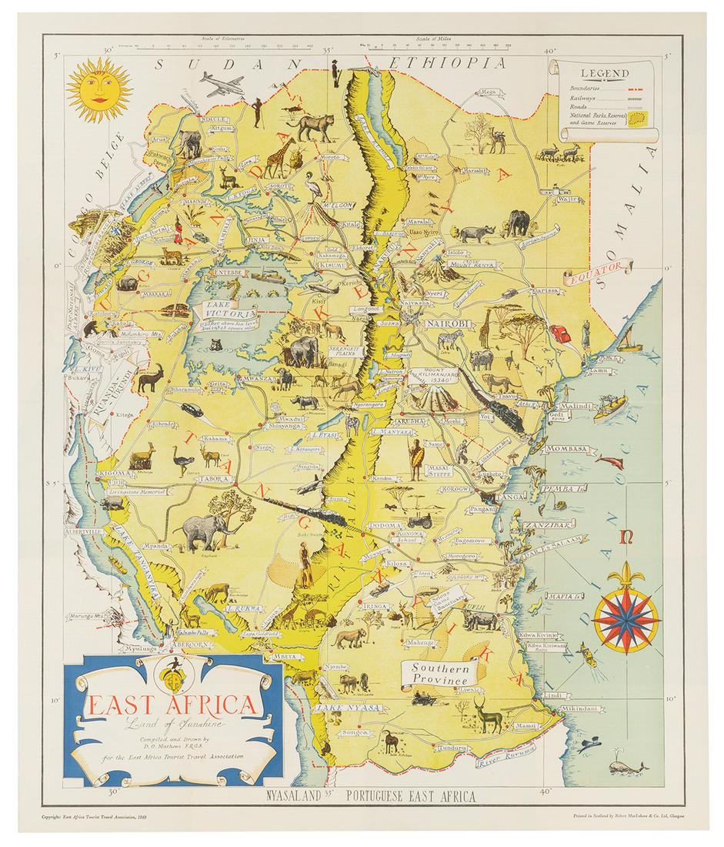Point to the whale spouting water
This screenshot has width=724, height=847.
pos(621,767)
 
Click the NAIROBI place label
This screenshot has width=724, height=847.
pos(432,323)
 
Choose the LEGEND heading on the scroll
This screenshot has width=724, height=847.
pos(605,75)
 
